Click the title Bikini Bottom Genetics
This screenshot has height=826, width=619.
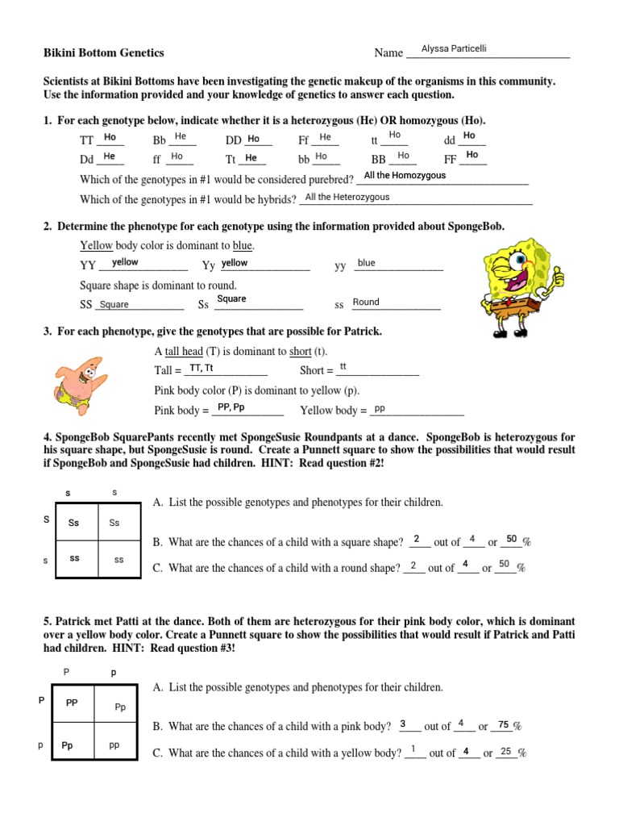(x=103, y=53)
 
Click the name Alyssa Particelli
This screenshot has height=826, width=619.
(x=454, y=49)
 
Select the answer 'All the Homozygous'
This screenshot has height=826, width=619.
(x=405, y=175)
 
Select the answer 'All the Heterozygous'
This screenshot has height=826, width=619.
(x=347, y=197)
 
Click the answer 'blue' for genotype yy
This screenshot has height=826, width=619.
(x=367, y=263)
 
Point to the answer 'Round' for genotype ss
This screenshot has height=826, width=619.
(x=366, y=302)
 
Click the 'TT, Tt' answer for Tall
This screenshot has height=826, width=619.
(x=201, y=369)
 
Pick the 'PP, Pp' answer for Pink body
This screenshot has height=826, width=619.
(x=231, y=407)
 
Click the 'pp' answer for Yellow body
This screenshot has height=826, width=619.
(x=380, y=408)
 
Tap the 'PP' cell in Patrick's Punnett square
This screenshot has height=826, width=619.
(x=73, y=703)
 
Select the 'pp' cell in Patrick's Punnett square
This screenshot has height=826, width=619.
(x=114, y=745)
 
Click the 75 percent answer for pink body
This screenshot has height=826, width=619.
(x=504, y=724)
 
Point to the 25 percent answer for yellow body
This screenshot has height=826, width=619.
(x=506, y=751)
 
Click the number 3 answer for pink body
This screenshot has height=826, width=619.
(x=403, y=724)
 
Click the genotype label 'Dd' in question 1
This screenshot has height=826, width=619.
(x=87, y=159)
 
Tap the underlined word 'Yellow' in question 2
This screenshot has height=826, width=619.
(x=96, y=245)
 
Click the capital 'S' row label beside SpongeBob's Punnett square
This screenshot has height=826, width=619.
(x=47, y=520)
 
